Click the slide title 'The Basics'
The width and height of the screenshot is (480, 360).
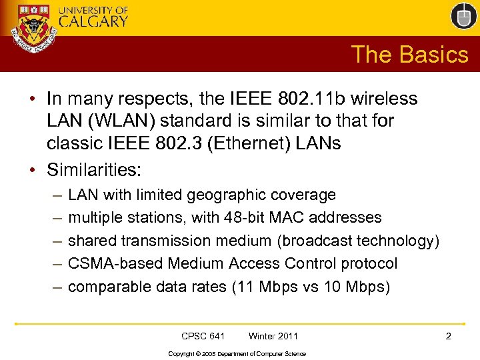click(x=409, y=55)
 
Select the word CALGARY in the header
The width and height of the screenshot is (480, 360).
click(x=93, y=21)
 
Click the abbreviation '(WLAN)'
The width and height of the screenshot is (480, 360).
click(x=123, y=121)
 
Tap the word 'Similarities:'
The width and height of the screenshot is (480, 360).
click(x=94, y=170)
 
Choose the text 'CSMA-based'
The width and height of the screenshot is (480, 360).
click(x=116, y=263)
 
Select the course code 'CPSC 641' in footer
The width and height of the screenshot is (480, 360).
click(x=203, y=336)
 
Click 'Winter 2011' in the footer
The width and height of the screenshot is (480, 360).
click(x=273, y=336)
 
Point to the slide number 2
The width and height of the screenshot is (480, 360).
click(x=448, y=336)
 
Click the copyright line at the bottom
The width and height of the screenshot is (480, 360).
click(x=237, y=353)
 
